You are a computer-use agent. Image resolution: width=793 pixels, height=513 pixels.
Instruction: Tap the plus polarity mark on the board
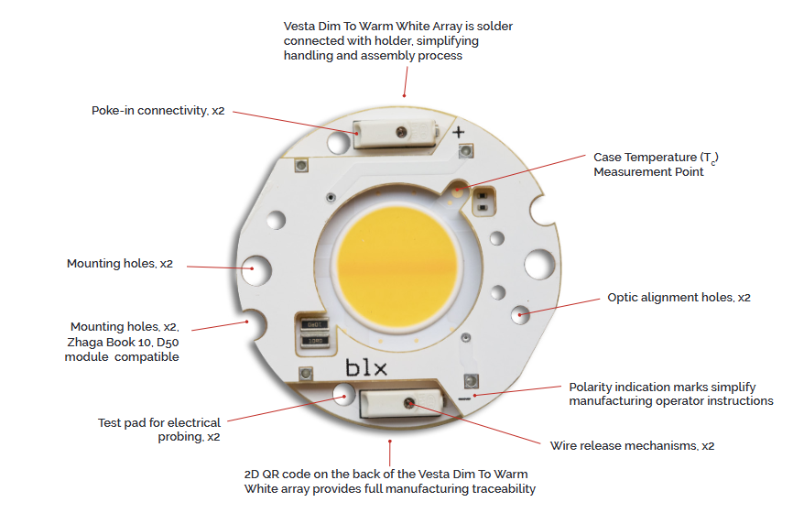(x=458, y=132)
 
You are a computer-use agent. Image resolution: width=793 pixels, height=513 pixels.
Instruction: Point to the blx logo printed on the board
(x=366, y=367)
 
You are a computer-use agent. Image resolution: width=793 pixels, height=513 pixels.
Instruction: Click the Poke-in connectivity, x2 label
(x=158, y=110)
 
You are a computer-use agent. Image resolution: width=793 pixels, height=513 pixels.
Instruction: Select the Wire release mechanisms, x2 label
(x=632, y=446)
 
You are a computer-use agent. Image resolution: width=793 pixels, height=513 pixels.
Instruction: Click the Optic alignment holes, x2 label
(x=679, y=298)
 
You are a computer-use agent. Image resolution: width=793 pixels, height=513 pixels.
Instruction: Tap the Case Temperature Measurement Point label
(x=656, y=164)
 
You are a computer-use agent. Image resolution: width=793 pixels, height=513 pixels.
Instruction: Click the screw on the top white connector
(x=402, y=133)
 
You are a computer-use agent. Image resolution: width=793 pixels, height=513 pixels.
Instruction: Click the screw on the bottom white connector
(x=409, y=403)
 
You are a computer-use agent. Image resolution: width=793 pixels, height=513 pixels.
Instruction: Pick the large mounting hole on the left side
(x=257, y=269)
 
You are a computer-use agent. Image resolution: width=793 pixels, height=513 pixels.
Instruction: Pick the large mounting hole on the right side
(x=539, y=264)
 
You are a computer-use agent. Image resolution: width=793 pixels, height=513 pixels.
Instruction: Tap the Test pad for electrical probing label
(x=159, y=430)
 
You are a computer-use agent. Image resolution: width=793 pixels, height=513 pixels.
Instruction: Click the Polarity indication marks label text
(x=671, y=394)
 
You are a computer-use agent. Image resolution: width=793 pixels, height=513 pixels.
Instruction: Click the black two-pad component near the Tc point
(x=483, y=202)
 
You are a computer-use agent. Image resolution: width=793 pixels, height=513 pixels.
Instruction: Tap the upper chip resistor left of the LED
(x=314, y=323)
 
